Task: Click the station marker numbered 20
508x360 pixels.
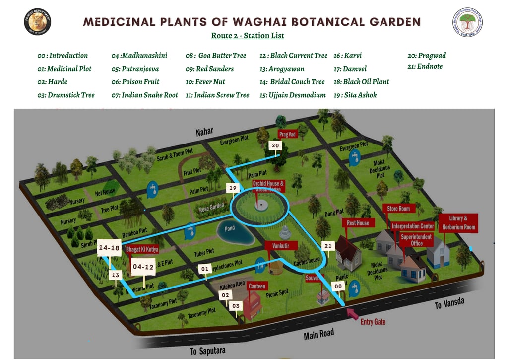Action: point(275,145)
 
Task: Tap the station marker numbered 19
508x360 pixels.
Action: point(233,188)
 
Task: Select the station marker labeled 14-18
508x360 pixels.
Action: point(109,247)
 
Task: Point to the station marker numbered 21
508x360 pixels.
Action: point(327,246)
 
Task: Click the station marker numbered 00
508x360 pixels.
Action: point(338,286)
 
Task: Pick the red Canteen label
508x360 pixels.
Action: point(257,286)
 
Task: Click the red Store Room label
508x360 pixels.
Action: point(398,209)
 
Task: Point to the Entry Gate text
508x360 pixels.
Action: point(373,322)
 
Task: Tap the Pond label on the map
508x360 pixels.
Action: point(230,229)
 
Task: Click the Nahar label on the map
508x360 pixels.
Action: point(204,132)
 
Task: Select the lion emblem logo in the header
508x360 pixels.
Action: point(38,22)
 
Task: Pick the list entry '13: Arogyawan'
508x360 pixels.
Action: point(282,69)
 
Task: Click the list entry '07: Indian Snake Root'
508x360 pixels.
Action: point(145,95)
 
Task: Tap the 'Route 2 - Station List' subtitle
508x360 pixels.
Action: point(248,36)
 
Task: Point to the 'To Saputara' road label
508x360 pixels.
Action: point(208,351)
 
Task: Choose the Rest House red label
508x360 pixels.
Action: point(358,223)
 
